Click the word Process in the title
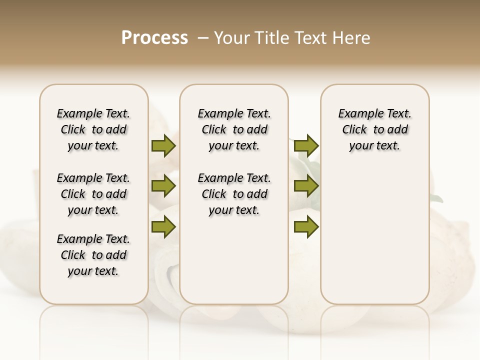click(154, 38)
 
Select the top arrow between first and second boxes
click(163, 146)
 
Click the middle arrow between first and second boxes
click(163, 186)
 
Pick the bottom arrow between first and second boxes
click(163, 227)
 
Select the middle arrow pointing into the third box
click(306, 186)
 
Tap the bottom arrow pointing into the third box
click(306, 227)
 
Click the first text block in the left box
click(93, 129)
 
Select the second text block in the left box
click(93, 194)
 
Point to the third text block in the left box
click(93, 255)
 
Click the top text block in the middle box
click(234, 129)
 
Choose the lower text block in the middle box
click(234, 194)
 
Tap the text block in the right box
click(374, 129)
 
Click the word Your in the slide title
click(232, 38)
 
